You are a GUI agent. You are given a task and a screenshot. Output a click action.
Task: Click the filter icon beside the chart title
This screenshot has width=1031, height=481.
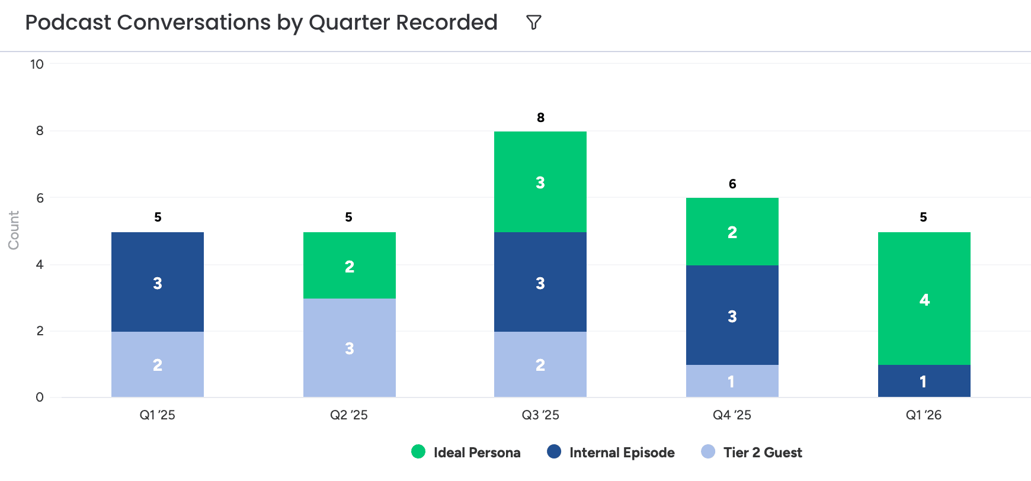tap(534, 23)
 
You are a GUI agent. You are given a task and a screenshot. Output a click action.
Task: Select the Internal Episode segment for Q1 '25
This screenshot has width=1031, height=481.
tap(158, 282)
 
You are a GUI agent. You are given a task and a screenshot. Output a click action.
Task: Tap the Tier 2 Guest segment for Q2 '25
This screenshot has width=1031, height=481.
tap(350, 348)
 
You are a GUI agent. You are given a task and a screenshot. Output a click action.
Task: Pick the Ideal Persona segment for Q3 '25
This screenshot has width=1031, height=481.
tap(540, 182)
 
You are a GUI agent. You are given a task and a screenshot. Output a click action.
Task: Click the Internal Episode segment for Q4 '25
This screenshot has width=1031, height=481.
tap(732, 315)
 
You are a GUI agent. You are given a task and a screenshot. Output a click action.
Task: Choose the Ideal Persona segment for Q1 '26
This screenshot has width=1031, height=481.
tap(924, 299)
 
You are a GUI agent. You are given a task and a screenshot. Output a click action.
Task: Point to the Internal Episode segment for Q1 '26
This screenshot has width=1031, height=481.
tap(924, 381)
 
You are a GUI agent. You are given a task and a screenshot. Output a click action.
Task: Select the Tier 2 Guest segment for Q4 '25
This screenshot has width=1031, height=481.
tap(732, 381)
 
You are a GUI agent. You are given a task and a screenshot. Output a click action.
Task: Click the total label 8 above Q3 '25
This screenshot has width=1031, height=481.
tap(540, 118)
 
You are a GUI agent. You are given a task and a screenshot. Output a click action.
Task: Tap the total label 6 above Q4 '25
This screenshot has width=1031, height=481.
tap(732, 184)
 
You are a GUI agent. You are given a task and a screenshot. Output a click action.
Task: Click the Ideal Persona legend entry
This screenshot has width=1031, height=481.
tap(466, 453)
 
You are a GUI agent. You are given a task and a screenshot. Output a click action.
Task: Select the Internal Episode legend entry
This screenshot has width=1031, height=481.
tap(611, 453)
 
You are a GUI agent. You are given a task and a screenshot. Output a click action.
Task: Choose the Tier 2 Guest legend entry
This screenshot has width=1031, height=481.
tap(751, 453)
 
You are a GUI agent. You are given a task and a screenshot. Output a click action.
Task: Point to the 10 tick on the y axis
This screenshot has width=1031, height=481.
tap(37, 65)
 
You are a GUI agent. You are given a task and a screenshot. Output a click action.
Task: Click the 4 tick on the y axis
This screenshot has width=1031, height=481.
tap(40, 265)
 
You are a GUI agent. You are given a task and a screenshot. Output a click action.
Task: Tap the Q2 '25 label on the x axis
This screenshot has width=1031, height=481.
tap(349, 415)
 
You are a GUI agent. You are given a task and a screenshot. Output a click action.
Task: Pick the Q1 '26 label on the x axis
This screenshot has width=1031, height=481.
tap(924, 415)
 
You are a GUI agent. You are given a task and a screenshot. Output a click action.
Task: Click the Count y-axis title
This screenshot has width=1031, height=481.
tap(14, 230)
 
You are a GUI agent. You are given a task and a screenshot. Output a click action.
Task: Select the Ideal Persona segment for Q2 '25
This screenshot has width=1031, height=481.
tap(350, 265)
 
